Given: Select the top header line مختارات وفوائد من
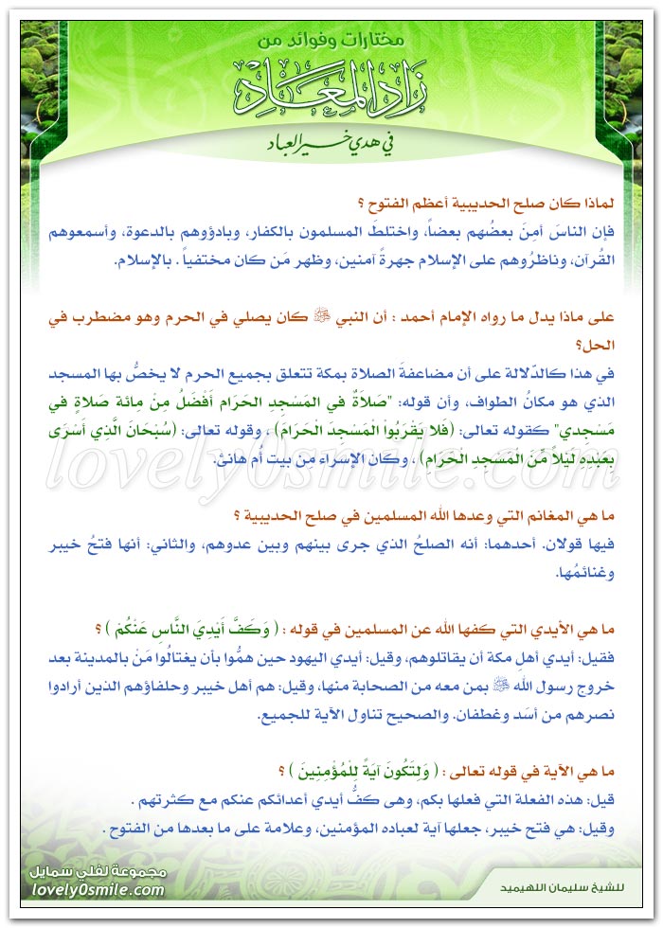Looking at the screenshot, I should [x=331, y=42].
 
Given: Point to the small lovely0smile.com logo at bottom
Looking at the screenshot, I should [x=103, y=889].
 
